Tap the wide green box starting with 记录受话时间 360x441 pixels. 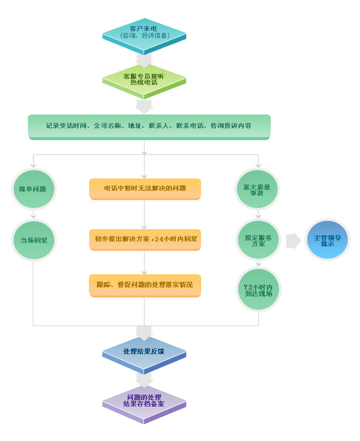149,127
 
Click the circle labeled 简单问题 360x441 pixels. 34,189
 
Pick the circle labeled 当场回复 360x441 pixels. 34,240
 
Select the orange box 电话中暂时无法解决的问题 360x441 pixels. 145,189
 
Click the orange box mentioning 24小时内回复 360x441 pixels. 145,240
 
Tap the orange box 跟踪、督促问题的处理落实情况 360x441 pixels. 145,285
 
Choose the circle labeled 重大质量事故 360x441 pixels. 257,189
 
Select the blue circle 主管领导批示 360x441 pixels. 327,240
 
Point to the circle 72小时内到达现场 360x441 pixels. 258,290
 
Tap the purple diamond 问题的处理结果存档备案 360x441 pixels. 144,404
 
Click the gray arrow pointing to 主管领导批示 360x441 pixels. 293,241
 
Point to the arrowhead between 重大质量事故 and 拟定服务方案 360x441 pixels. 258,216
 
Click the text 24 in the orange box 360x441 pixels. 159,239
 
